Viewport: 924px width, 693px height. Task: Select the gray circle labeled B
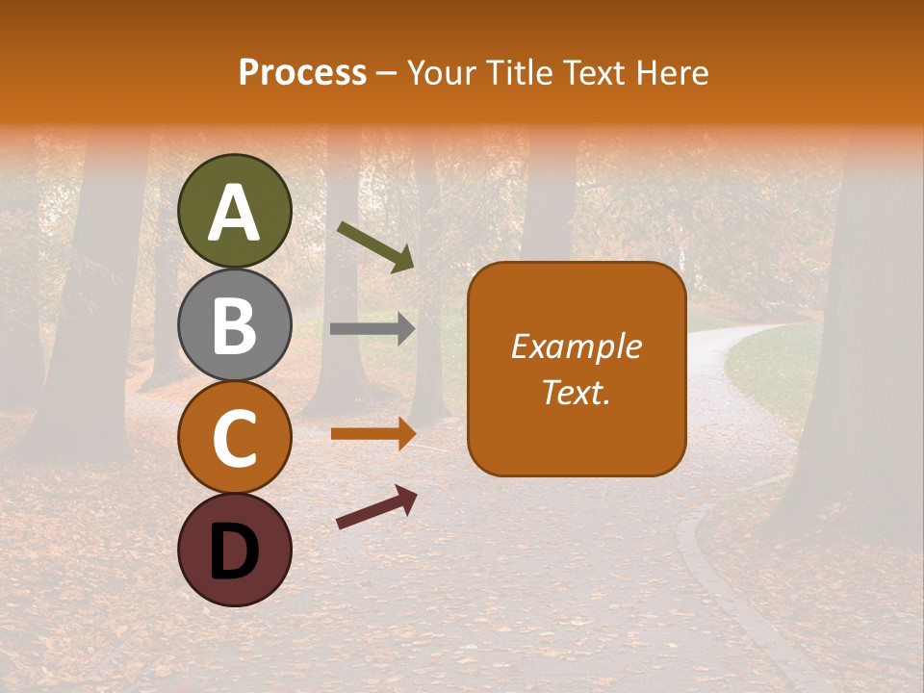point(235,324)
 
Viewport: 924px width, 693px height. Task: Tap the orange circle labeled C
point(235,437)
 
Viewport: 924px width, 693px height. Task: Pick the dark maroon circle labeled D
point(235,550)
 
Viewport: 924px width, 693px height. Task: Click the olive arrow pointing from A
point(375,245)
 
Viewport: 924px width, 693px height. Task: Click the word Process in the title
point(302,73)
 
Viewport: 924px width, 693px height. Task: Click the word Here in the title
point(673,73)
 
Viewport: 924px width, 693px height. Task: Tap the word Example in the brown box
point(577,346)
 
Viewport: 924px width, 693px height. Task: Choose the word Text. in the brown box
point(577,392)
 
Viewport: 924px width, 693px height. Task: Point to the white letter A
point(235,213)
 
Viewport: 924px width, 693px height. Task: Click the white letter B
point(235,325)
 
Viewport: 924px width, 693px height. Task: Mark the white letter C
point(235,438)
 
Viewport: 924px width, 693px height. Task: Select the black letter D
point(235,552)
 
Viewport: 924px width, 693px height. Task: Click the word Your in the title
point(441,73)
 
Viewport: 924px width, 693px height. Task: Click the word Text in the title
point(594,73)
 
